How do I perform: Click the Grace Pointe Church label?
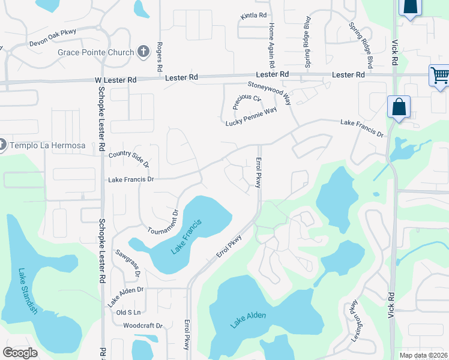pos(96,52)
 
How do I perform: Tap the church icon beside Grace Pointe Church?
pos(143,52)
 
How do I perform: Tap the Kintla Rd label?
pos(253,15)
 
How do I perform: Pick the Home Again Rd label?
pos(271,45)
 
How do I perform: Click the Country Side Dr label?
pos(129,159)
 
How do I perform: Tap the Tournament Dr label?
pos(163,222)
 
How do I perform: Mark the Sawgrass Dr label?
pos(128,263)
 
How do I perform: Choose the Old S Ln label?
pos(128,313)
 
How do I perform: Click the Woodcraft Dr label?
pos(143,326)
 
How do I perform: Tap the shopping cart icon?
pos(440,76)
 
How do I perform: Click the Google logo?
pos(20,353)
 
